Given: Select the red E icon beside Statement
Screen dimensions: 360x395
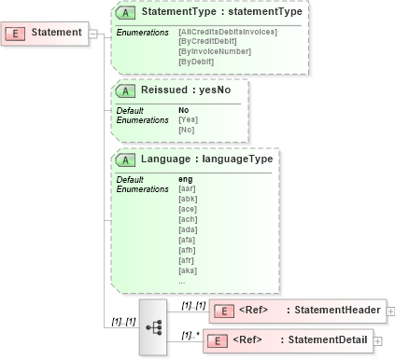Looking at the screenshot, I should pyautogui.click(x=18, y=34).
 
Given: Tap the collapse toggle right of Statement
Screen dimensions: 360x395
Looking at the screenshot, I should pyautogui.click(x=95, y=34).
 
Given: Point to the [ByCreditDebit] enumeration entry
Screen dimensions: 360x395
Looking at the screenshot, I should pyautogui.click(x=206, y=41).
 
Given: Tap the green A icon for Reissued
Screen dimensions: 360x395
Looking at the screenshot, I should pyautogui.click(x=125, y=92).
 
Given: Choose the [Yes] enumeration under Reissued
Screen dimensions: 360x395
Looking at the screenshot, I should pyautogui.click(x=188, y=119).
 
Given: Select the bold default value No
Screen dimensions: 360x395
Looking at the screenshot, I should pyautogui.click(x=184, y=110).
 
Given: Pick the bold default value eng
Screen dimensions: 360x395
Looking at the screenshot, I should pyautogui.click(x=186, y=179).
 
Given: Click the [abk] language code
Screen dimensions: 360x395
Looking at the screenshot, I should pyautogui.click(x=187, y=197).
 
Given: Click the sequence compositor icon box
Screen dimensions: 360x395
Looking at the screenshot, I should pyautogui.click(x=152, y=327).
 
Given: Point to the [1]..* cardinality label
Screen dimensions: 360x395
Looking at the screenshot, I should pyautogui.click(x=190, y=334).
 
